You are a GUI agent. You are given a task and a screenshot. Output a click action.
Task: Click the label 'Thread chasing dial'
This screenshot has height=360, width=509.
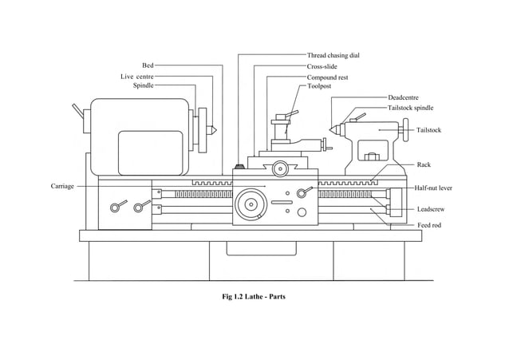click(x=333, y=56)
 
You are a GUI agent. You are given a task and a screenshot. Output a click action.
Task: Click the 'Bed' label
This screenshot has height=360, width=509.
click(x=148, y=65)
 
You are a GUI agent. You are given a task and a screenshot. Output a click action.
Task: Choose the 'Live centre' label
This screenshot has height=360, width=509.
click(x=137, y=76)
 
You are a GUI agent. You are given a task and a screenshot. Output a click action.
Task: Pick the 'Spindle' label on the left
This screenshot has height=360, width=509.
click(x=143, y=85)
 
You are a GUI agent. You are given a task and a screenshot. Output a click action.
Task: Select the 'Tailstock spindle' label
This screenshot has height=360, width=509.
click(x=410, y=107)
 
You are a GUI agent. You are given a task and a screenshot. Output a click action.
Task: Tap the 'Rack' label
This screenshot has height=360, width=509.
click(x=424, y=164)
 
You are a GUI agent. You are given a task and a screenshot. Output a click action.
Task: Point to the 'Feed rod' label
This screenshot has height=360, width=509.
click(x=429, y=226)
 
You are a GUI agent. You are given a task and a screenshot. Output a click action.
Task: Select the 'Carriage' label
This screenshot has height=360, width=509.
click(x=62, y=186)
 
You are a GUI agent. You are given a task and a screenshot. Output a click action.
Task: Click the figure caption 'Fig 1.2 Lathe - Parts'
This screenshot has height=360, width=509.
click(x=254, y=297)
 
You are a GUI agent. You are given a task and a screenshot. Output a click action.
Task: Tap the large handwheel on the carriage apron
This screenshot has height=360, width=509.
click(x=252, y=204)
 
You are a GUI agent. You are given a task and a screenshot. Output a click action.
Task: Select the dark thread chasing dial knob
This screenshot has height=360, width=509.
click(x=238, y=168)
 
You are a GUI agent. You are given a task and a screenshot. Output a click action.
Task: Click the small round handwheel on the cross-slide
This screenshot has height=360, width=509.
click(x=279, y=168)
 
